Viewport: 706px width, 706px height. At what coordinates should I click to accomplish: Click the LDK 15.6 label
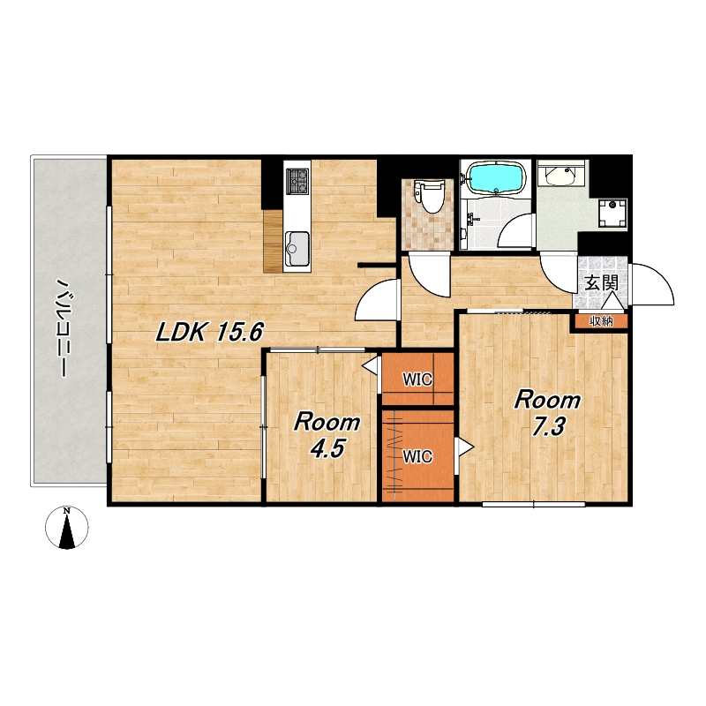pos(209,333)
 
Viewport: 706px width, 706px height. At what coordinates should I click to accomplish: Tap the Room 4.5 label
pos(327,435)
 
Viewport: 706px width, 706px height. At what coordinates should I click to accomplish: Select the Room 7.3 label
pos(547,413)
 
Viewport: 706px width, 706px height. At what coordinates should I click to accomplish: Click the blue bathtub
pos(496,179)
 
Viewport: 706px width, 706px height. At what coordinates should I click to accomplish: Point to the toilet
pos(429,196)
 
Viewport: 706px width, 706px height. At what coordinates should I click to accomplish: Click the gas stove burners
pos(297,181)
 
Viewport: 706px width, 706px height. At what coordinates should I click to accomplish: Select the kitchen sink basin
pos(297,249)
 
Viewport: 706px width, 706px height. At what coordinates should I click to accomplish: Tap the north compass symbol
pos(67,527)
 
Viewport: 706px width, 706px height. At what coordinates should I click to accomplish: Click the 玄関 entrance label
pos(601,283)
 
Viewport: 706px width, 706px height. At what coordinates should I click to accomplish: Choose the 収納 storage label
pos(601,321)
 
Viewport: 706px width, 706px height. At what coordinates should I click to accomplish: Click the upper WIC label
pos(417,379)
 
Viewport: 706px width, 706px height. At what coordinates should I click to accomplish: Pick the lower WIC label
pos(417,456)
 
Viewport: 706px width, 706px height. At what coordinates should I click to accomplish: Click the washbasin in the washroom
pos(560,175)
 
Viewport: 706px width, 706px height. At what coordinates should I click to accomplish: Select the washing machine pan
pos(612,212)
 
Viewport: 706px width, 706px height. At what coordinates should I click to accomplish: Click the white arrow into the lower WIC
pos(465,448)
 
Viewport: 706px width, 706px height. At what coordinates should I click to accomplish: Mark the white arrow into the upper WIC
pos(371,364)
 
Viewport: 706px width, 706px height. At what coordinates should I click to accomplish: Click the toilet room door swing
pos(428,275)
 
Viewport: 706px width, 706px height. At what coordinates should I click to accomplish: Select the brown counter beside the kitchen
pos(273,241)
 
